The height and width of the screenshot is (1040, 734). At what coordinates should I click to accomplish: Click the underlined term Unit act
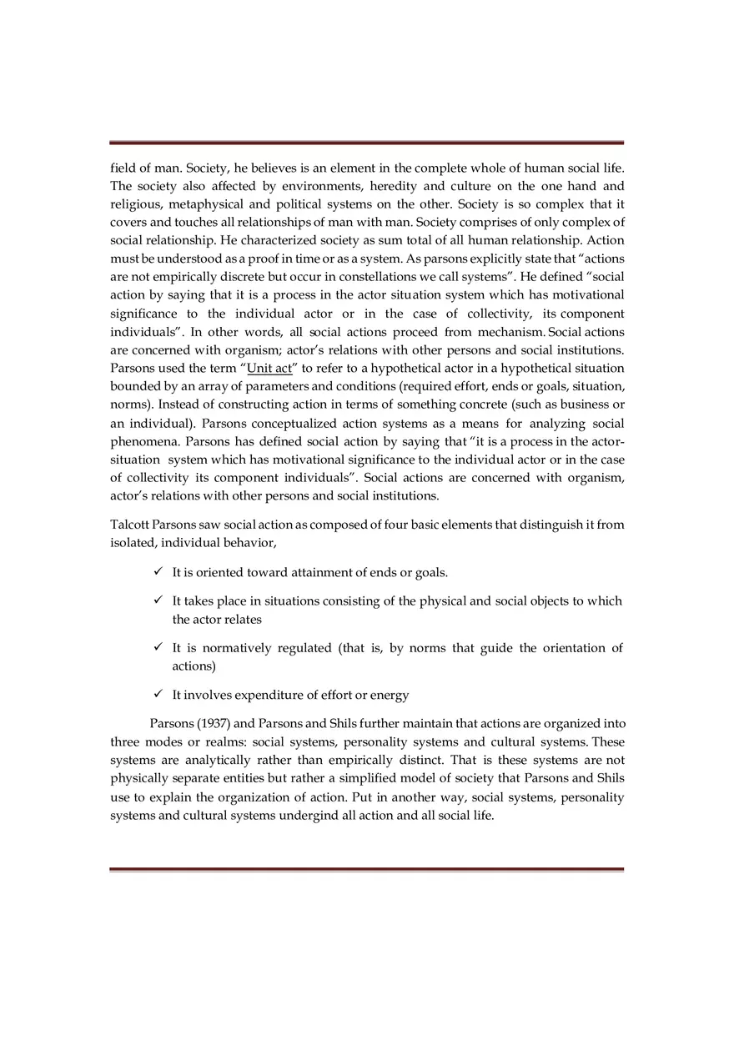coord(269,369)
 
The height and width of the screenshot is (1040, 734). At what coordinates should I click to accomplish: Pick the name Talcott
coord(129,525)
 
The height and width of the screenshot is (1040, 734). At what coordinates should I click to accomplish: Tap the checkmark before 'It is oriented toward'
coord(158,572)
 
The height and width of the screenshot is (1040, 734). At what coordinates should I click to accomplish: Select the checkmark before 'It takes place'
coord(158,600)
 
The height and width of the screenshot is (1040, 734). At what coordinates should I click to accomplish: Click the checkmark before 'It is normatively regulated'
coord(158,648)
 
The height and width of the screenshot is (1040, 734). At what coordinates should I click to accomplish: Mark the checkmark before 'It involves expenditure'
coord(158,695)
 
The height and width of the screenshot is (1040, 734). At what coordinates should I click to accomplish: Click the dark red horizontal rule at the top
coord(366,143)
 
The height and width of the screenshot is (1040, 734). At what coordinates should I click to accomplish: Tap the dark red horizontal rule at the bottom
coord(366,869)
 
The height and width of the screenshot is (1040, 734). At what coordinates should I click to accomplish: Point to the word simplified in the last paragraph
coord(374,779)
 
